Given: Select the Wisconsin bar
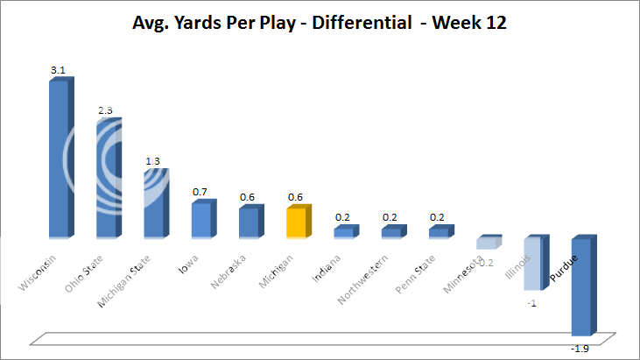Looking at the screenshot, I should pos(60,158).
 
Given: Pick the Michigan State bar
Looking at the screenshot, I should pos(155,202).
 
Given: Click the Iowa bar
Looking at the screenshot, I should pos(201,219).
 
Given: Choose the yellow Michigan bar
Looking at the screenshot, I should pos(297,222).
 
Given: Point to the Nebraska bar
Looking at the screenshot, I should pos(250,222).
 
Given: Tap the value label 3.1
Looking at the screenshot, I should pos(59,68).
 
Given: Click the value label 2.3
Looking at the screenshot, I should pos(106,109).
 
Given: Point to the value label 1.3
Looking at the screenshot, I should pos(153,161).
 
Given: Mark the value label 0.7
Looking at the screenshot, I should pos(200,192).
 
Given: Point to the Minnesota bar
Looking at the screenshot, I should pos(487,243).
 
